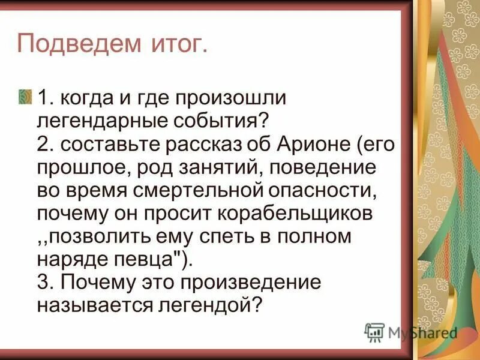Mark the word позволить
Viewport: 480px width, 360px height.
tap(102, 236)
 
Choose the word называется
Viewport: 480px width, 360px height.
tap(97, 305)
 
